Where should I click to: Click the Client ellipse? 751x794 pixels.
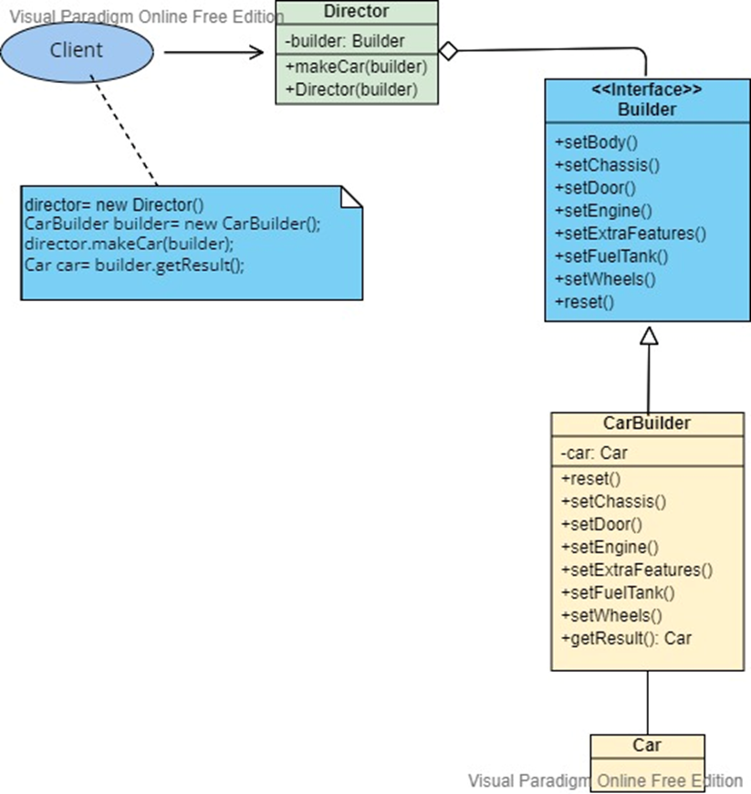point(77,51)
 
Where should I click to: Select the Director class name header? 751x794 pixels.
point(356,12)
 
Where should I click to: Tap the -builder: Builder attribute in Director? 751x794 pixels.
point(344,41)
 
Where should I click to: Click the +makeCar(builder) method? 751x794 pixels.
point(357,67)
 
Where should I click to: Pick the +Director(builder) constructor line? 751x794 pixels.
point(351,89)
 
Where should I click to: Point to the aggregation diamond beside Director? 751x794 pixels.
point(447,50)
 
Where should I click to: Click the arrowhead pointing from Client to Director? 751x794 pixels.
point(256,52)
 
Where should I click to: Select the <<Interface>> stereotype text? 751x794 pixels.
point(647,90)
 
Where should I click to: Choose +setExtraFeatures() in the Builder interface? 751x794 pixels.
point(631,233)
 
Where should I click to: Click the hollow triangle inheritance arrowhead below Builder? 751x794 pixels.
point(649,336)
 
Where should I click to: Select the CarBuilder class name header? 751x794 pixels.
point(647,423)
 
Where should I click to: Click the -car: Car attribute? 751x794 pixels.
point(594,453)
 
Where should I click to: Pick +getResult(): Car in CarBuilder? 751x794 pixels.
point(626,638)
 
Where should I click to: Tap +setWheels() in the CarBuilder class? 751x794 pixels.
point(610,615)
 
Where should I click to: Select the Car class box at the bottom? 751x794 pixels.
point(647,752)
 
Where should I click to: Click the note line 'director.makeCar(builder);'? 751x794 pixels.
point(130,244)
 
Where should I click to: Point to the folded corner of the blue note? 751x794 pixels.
point(351,195)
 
